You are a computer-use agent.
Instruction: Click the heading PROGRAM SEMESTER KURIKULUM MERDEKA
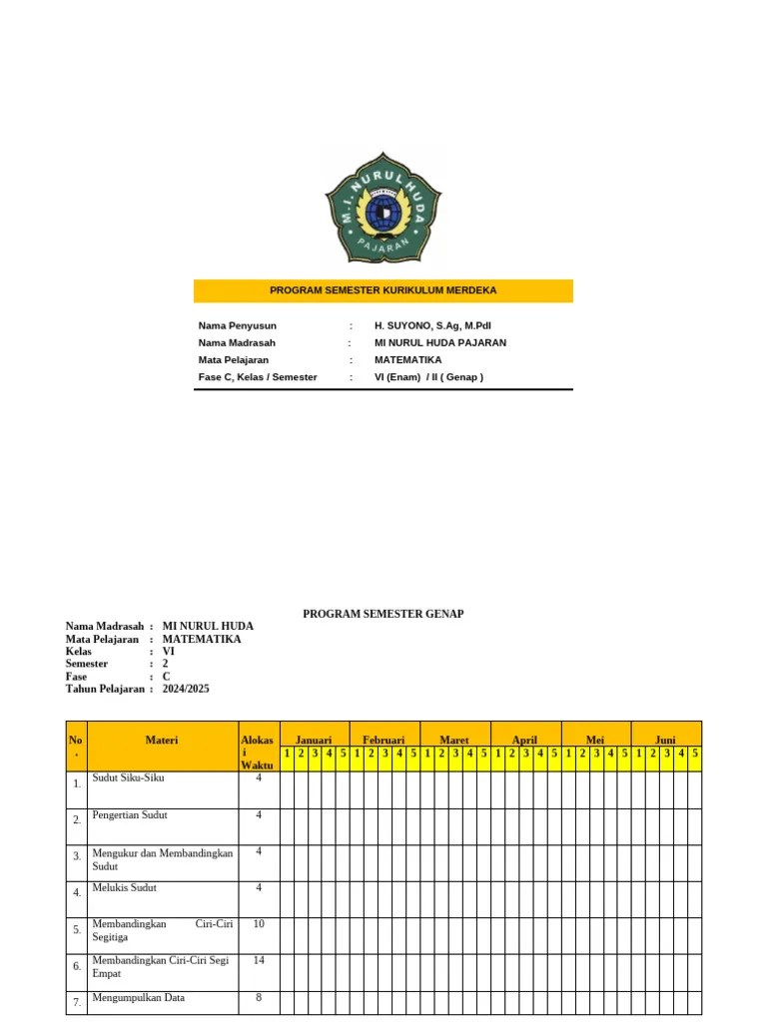click(383, 290)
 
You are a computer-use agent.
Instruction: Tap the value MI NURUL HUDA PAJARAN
click(439, 342)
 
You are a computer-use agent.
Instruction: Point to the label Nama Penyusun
click(238, 325)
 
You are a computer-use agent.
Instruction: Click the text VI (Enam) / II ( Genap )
click(428, 377)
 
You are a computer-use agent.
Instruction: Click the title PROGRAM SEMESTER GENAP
click(383, 614)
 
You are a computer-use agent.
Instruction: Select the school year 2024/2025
click(186, 689)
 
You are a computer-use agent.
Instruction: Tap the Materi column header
click(162, 741)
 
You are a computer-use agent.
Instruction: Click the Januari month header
click(314, 741)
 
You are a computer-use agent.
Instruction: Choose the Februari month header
click(383, 741)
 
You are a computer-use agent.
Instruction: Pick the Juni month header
click(665, 741)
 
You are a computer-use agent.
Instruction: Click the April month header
click(524, 741)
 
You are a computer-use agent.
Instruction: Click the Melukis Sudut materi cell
click(124, 887)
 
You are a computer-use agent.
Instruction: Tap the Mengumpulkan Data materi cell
click(138, 997)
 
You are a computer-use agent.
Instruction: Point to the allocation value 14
click(259, 960)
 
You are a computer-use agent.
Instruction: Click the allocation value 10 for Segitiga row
click(259, 924)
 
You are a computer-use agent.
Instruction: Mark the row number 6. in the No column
click(77, 966)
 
